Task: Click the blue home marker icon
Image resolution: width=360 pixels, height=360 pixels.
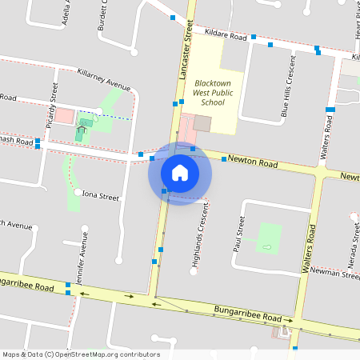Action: click(x=179, y=173)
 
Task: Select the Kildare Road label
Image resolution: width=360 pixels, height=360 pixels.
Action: click(x=226, y=36)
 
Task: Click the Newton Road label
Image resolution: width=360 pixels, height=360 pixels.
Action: click(x=252, y=163)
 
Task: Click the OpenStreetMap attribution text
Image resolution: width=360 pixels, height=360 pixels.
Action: click(x=80, y=354)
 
